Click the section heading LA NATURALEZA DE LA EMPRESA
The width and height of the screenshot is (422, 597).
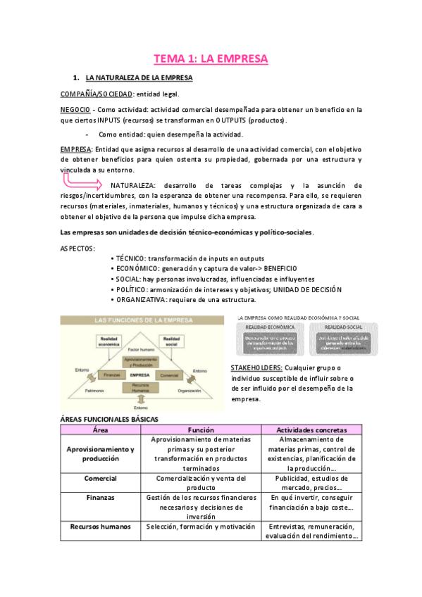point(134,77)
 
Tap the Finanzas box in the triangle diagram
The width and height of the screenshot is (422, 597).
point(108,375)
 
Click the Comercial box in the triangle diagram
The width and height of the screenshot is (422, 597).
point(168,375)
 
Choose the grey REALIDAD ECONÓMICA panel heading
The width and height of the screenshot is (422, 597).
point(270,327)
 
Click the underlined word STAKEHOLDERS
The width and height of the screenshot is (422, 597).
point(257,367)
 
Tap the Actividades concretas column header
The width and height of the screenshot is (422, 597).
point(311,429)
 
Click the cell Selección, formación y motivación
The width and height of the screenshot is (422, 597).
point(200,526)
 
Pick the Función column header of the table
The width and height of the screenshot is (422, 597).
point(200,429)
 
